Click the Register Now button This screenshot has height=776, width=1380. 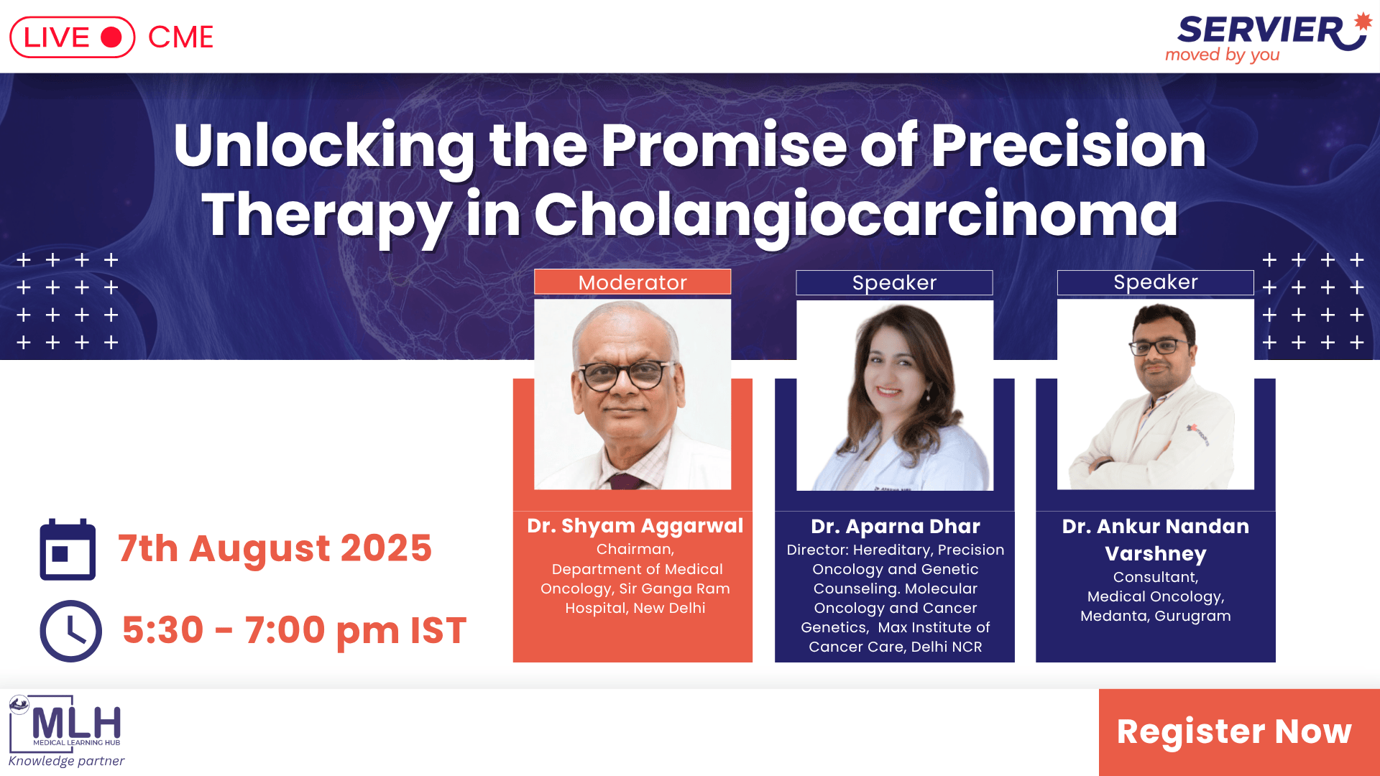[1238, 731]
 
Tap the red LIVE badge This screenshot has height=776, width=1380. [72, 37]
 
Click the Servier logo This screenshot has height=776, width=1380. [1269, 37]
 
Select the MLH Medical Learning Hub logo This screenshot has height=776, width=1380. [65, 723]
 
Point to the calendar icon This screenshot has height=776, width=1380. [68, 549]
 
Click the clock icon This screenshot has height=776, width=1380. [70, 631]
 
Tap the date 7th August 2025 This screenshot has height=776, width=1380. [275, 549]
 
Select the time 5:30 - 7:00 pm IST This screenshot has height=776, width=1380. [294, 630]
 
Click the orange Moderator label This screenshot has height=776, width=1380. [632, 282]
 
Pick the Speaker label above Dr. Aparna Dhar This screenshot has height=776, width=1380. [894, 282]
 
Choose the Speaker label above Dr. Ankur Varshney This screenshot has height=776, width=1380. [1156, 282]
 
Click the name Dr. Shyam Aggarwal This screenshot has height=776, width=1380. [635, 526]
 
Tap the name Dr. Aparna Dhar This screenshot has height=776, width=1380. [896, 527]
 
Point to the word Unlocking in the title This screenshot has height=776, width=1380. [324, 147]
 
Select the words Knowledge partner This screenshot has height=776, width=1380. [66, 761]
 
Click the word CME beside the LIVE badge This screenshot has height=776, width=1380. [180, 37]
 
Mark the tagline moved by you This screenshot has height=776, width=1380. [1222, 55]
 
